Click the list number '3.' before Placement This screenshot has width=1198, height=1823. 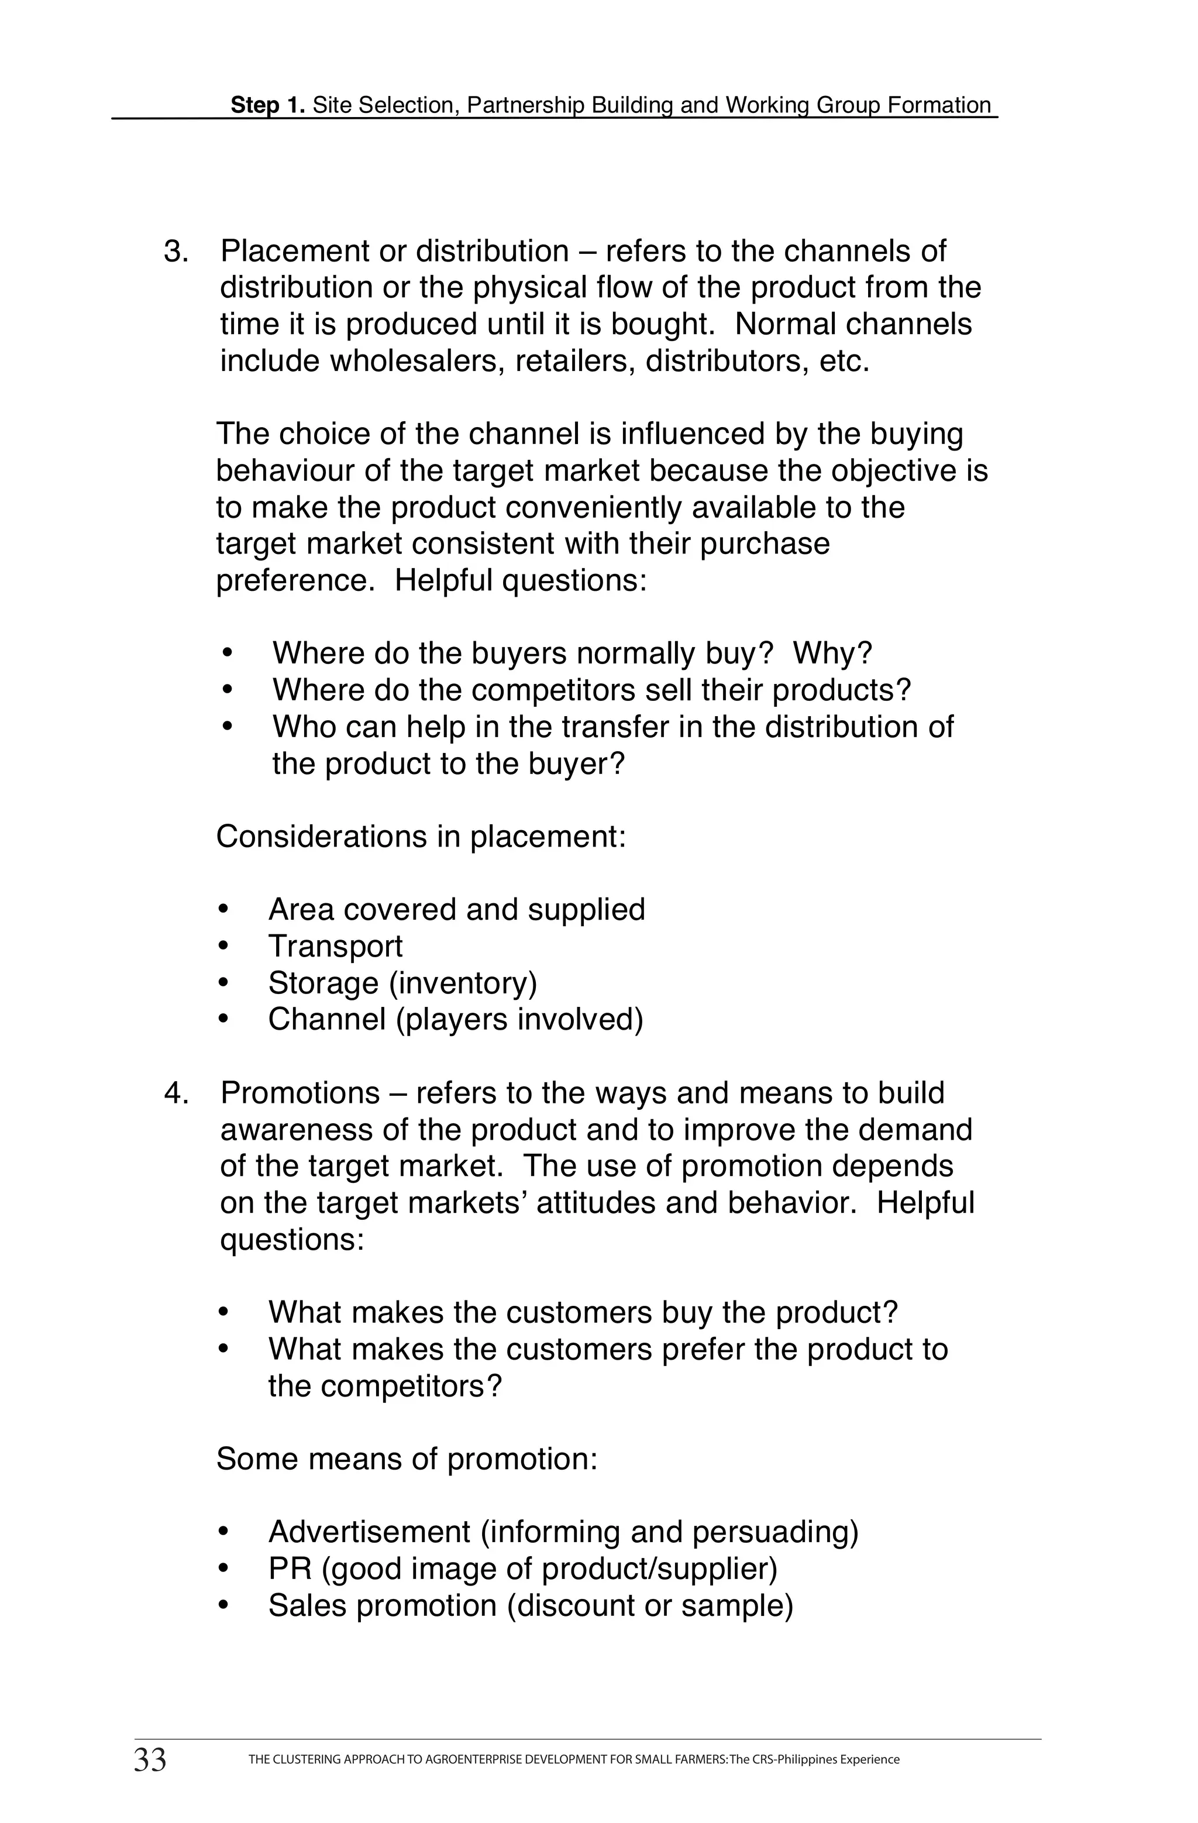[x=176, y=251]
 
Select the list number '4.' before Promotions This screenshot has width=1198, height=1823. [x=176, y=1093]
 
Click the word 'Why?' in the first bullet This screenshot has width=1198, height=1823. [x=832, y=653]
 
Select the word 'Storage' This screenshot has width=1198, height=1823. [x=323, y=983]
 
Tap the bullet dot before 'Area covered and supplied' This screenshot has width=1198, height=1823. [x=223, y=910]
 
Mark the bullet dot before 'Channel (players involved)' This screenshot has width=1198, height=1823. [x=223, y=1020]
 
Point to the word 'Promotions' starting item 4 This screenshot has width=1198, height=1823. [x=300, y=1093]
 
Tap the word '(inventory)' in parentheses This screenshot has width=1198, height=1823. [x=463, y=983]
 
